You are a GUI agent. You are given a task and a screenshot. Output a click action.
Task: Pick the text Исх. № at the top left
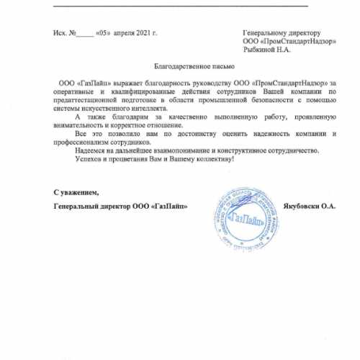(x=64, y=34)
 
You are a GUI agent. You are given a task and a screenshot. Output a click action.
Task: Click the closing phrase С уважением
(x=76, y=193)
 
